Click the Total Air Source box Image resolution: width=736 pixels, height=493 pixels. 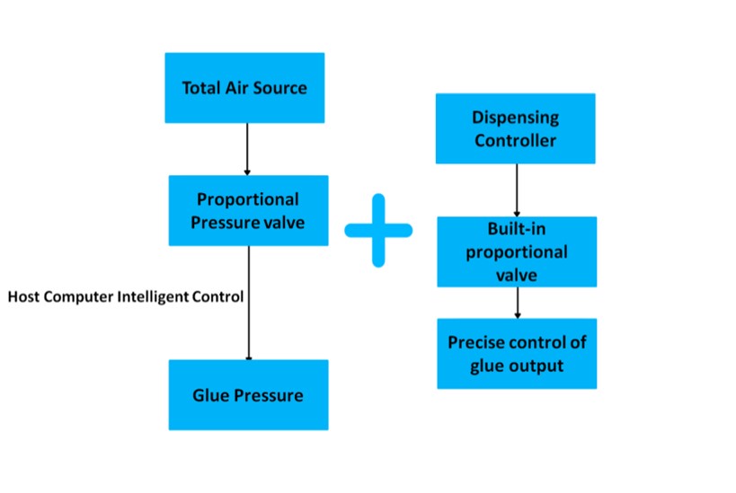(244, 87)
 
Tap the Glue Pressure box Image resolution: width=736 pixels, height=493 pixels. (247, 395)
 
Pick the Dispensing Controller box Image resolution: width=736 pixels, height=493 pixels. (516, 128)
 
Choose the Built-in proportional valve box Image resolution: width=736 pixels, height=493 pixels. (517, 251)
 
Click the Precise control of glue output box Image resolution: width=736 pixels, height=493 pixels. (517, 353)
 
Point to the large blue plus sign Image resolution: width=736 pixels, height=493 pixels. (378, 231)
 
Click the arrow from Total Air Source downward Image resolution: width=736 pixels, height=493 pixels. (246, 148)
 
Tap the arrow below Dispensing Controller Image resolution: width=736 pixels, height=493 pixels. (517, 189)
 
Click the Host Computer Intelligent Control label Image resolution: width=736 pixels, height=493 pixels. (126, 296)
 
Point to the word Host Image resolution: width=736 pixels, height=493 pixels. (22, 296)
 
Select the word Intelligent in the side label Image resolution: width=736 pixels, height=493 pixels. (151, 296)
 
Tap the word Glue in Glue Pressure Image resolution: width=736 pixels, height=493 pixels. (209, 395)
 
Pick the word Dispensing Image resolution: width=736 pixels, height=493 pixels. (516, 118)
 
